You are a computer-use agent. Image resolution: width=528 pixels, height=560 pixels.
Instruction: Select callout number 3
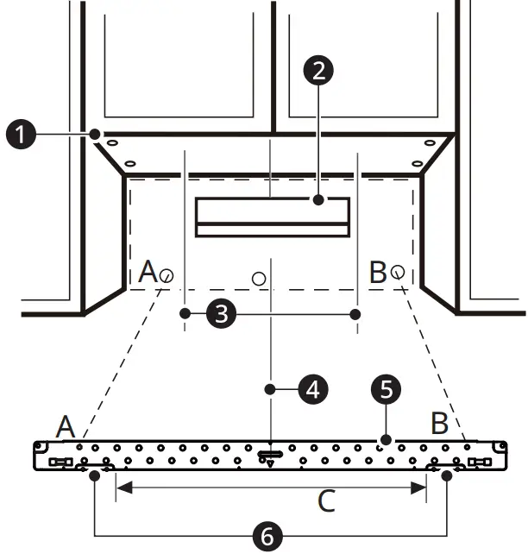223,315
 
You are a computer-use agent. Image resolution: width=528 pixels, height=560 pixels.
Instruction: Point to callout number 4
312,390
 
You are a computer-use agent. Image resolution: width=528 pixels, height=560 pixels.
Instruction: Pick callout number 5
386,390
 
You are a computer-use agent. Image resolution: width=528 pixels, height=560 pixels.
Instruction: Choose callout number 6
267,537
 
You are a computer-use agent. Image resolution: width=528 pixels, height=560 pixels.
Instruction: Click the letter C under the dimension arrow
326,502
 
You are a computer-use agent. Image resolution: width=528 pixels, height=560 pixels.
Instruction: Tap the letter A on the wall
148,274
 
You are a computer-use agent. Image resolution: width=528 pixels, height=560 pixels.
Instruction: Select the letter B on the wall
377,274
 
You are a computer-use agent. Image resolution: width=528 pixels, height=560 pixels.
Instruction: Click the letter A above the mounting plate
66,426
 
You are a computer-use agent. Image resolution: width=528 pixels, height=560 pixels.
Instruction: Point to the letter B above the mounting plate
439,424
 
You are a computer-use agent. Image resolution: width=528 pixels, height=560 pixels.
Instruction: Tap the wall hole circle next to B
397,272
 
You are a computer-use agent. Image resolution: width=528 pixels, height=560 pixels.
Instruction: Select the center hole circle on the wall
259,279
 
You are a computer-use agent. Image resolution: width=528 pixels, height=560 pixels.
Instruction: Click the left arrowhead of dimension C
120,488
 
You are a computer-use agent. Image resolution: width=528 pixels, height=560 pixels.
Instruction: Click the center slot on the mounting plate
270,454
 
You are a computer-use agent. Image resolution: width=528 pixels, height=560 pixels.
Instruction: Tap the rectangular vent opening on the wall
272,217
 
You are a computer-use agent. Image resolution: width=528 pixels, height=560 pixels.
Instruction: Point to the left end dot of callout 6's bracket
94,475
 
